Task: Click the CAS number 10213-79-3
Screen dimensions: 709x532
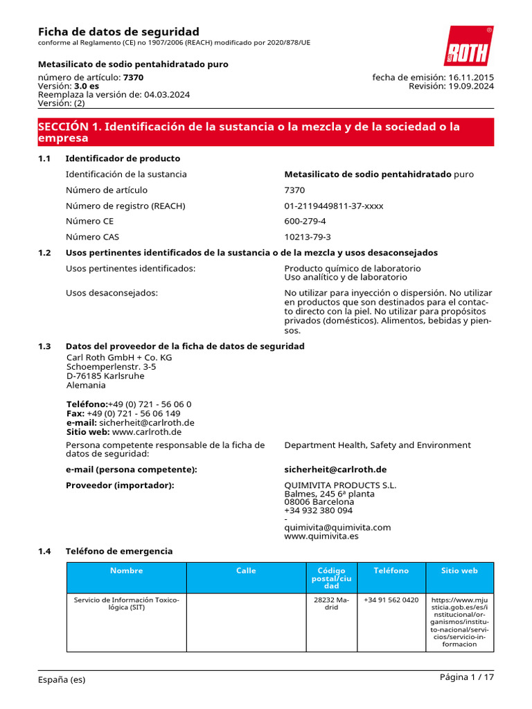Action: (x=307, y=237)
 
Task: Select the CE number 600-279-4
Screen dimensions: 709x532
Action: (x=305, y=222)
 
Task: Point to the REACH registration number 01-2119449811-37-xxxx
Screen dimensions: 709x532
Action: (x=333, y=206)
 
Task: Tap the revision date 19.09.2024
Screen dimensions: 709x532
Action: (x=471, y=87)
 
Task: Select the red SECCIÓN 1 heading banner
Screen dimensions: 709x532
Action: (x=265, y=132)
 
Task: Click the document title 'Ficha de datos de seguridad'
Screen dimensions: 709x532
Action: (x=118, y=32)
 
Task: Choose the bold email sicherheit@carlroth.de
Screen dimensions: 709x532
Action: (x=335, y=469)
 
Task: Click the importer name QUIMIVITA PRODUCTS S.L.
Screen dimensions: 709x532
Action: (x=340, y=485)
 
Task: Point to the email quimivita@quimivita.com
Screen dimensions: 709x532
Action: (x=337, y=527)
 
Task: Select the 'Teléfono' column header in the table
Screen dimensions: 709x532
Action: (x=391, y=571)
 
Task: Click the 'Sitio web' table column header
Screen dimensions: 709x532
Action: (x=460, y=571)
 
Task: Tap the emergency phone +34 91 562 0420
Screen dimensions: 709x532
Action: (x=391, y=600)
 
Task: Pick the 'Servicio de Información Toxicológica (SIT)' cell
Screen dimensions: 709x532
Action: (x=126, y=603)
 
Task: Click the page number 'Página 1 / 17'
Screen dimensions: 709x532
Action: (x=466, y=677)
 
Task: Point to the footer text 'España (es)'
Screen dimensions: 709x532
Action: (x=62, y=679)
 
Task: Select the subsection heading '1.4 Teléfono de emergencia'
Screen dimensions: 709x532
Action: (x=118, y=551)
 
